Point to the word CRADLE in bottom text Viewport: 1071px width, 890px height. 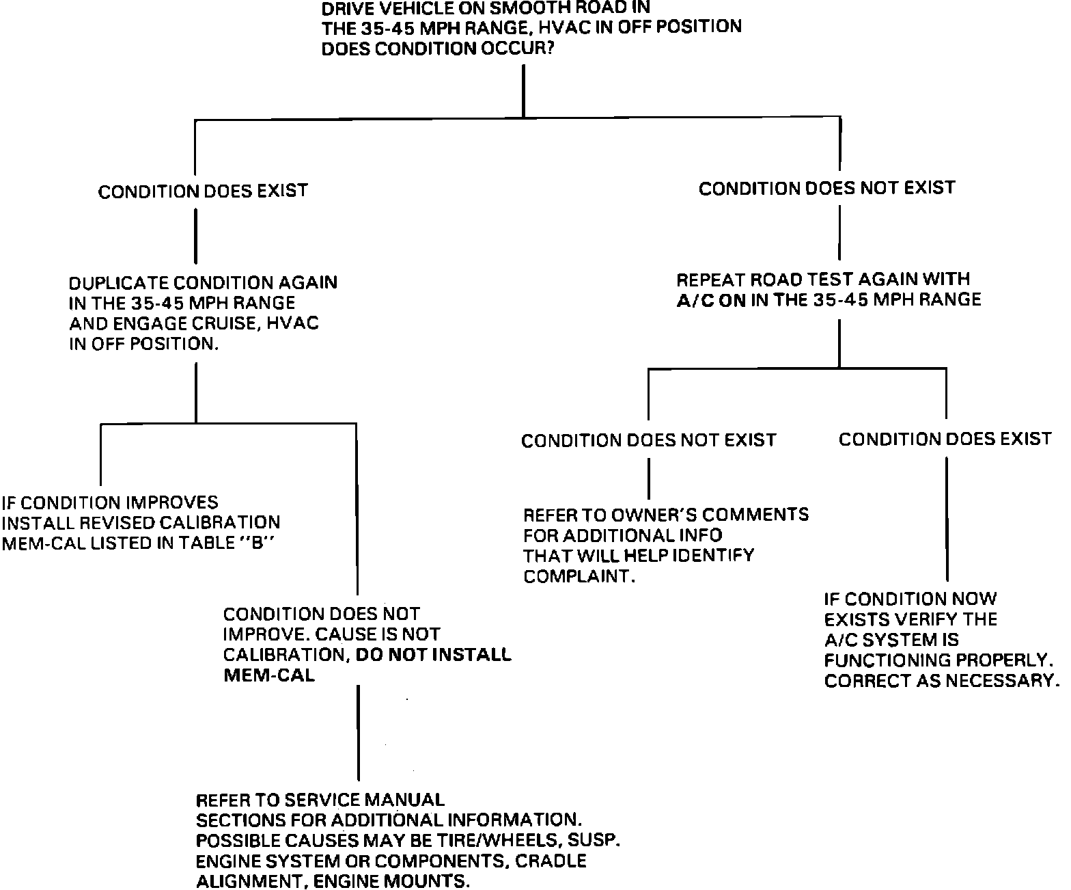coord(551,861)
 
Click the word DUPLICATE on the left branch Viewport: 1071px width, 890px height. coord(117,283)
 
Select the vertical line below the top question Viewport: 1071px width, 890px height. coord(523,90)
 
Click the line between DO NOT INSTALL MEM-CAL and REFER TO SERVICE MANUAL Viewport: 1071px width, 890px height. coord(358,732)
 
